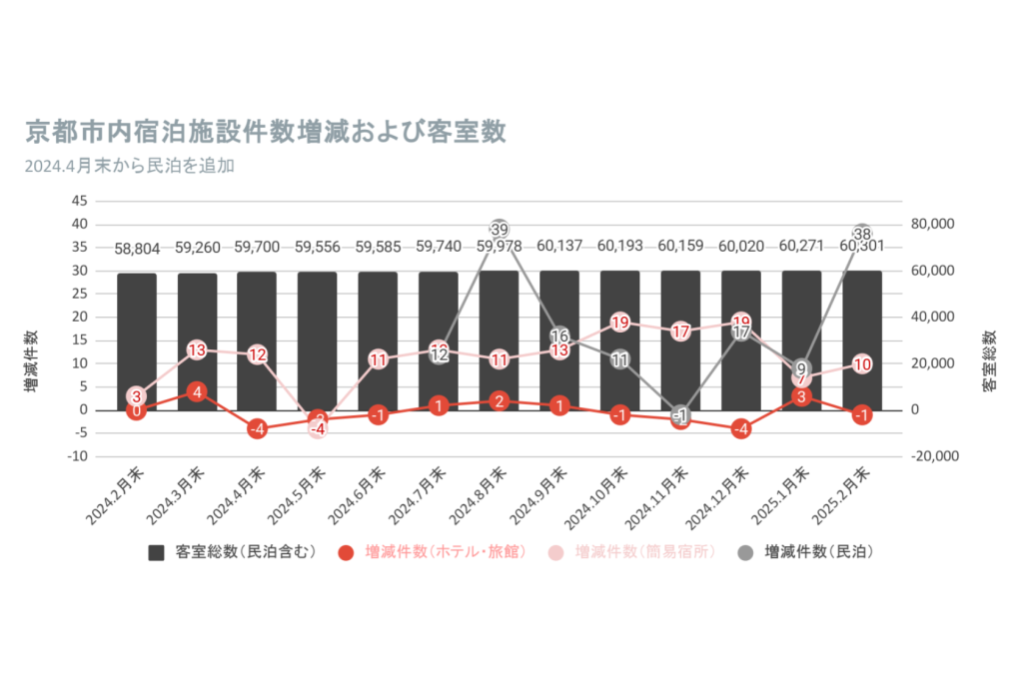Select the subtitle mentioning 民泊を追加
pos(129,166)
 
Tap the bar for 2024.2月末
pos(137,341)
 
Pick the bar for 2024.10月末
pos(619,340)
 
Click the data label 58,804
pos(137,248)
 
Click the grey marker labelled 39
pos(501,230)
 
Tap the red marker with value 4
pos(197,391)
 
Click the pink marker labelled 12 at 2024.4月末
pos(257,354)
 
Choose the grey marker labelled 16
pos(559,337)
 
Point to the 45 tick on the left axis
pos(79,201)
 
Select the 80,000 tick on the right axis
pos(934,225)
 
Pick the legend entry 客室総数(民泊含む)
pos(233,552)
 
